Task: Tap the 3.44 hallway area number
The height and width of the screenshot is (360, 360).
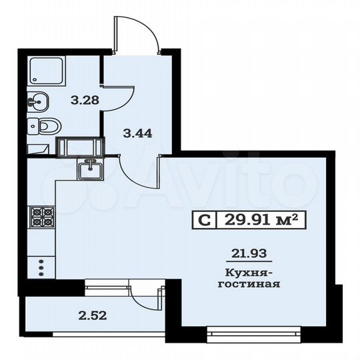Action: click(x=138, y=133)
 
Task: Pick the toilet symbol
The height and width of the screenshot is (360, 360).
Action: click(x=45, y=125)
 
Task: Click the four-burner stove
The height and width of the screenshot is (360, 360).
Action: click(x=41, y=217)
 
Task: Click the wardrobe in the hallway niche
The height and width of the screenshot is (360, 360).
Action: click(x=80, y=147)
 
